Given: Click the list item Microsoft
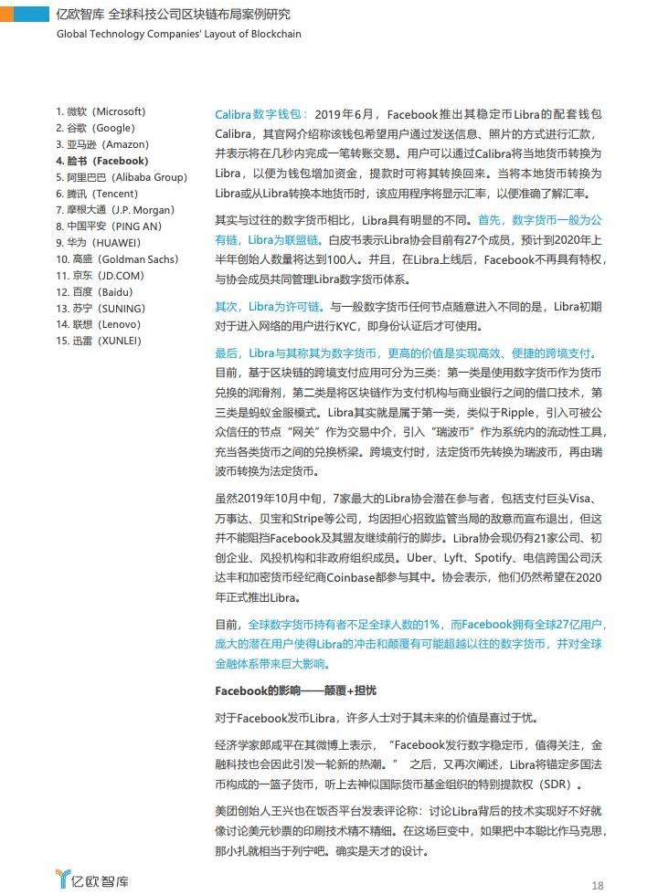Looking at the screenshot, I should [x=101, y=111].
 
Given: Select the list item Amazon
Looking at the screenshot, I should [x=101, y=144].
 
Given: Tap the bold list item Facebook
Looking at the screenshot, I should [x=101, y=161].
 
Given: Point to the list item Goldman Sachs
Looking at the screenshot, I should [x=116, y=259].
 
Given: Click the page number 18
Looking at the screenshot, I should [x=598, y=884].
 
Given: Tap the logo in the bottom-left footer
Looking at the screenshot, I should [x=92, y=879].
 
